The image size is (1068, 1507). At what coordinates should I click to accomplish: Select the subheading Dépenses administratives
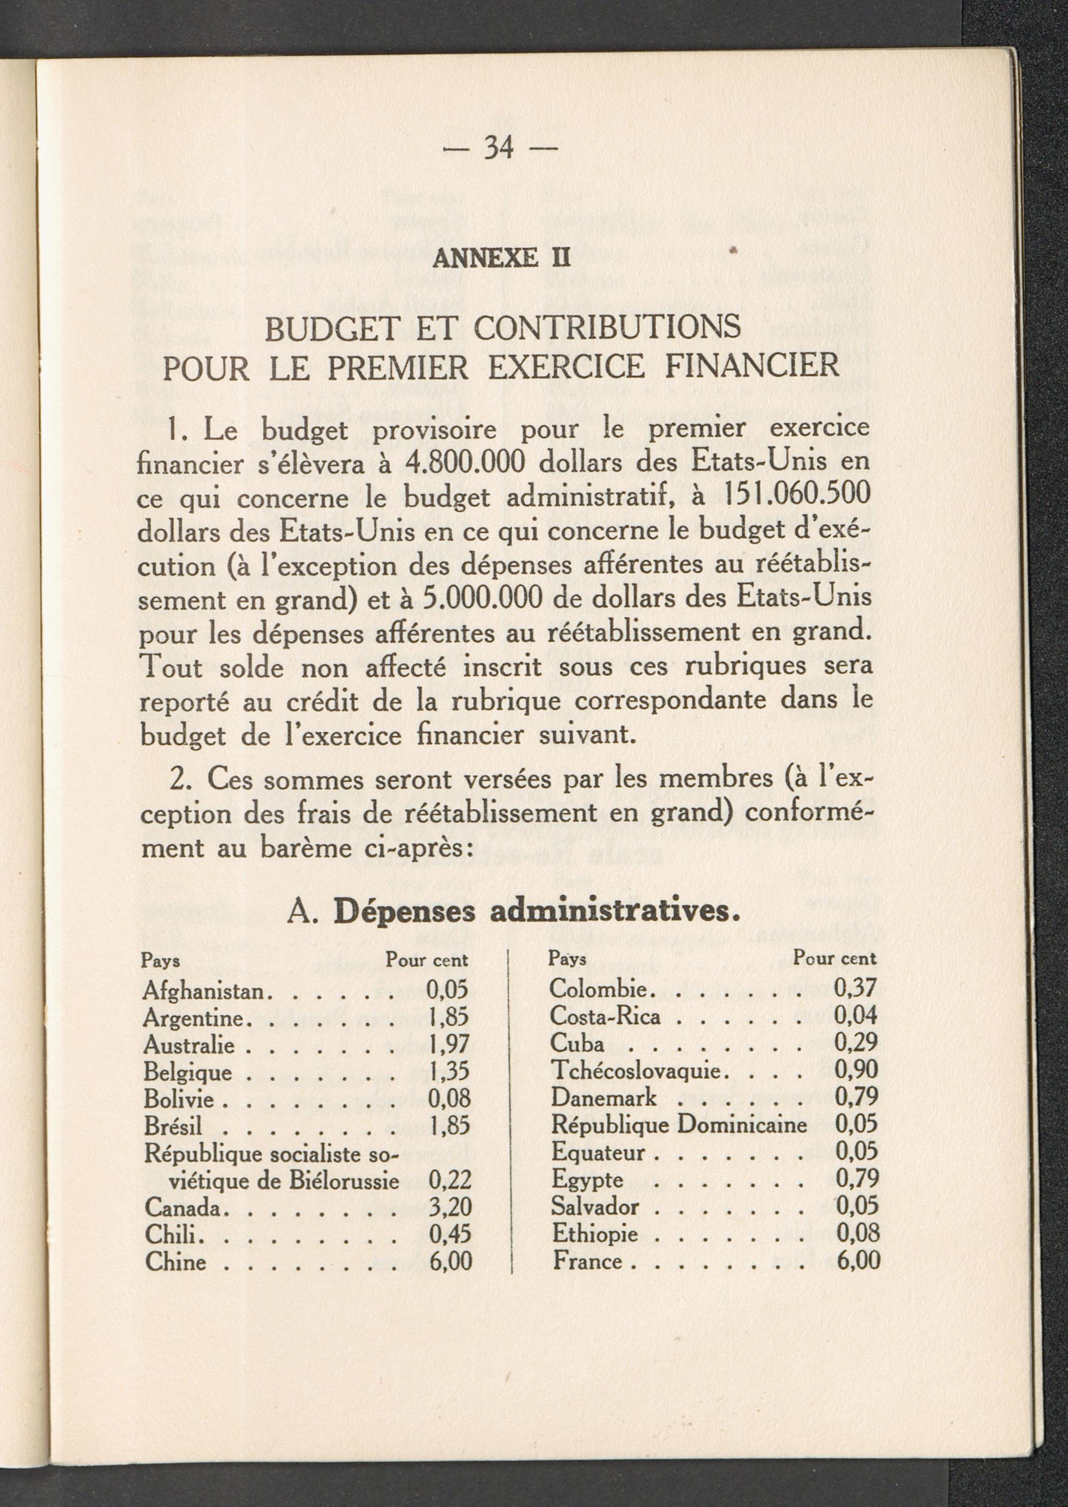[532, 914]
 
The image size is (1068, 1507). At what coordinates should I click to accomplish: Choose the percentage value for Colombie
[855, 988]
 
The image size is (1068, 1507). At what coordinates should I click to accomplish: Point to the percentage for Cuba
[855, 1043]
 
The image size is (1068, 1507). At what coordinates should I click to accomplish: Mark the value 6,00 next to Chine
[451, 1261]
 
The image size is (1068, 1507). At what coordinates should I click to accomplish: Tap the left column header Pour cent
[427, 960]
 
